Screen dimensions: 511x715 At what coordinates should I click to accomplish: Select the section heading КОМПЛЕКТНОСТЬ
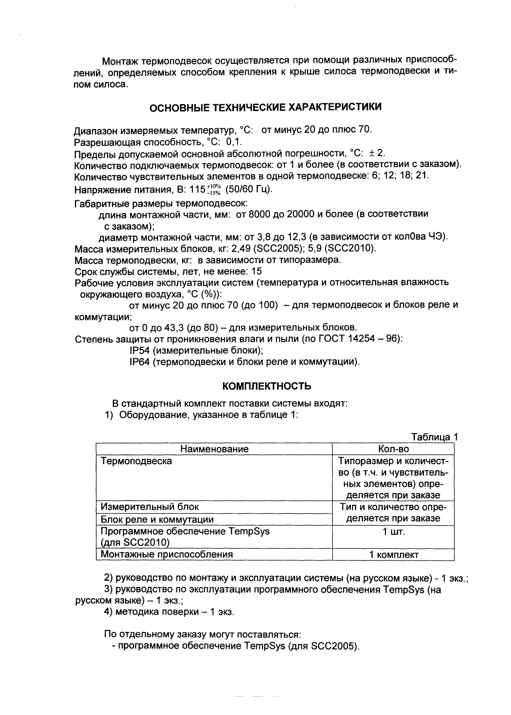(x=267, y=386)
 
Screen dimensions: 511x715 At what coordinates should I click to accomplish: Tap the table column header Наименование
(x=214, y=449)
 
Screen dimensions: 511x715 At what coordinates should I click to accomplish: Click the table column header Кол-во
(x=393, y=449)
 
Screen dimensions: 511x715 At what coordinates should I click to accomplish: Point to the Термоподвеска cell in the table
(x=136, y=461)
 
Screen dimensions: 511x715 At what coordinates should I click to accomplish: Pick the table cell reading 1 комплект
(x=393, y=555)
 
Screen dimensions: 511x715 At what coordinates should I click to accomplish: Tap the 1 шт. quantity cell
(x=393, y=532)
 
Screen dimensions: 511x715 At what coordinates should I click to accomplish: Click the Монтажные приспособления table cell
(x=167, y=554)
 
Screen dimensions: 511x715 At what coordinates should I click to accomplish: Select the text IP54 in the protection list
(x=139, y=350)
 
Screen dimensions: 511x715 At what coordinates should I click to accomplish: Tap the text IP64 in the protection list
(x=139, y=362)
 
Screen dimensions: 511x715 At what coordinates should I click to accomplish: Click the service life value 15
(x=256, y=272)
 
